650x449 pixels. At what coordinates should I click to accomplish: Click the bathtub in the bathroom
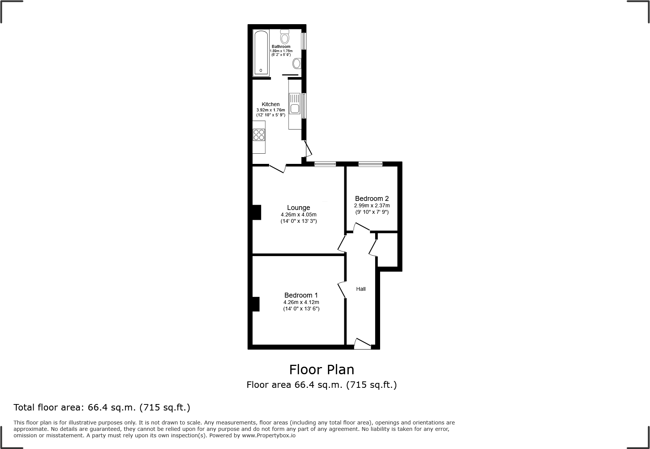click(x=261, y=53)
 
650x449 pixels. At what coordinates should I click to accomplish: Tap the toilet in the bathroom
click(x=285, y=37)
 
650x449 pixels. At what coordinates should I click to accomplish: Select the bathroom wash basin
click(x=297, y=63)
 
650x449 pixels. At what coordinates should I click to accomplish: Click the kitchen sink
click(x=294, y=104)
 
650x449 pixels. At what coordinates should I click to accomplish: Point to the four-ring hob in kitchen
click(x=259, y=135)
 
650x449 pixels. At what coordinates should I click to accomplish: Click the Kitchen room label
click(x=271, y=104)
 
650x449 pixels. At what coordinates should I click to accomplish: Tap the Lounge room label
click(x=299, y=208)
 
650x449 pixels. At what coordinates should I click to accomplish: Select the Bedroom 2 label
click(x=372, y=199)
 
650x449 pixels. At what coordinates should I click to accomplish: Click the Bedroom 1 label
click(x=301, y=295)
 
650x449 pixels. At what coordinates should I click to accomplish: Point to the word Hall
click(x=361, y=289)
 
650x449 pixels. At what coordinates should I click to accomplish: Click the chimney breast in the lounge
click(x=257, y=212)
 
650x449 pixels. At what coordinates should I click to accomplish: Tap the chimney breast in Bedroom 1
click(x=256, y=304)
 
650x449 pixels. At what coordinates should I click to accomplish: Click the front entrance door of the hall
click(x=362, y=344)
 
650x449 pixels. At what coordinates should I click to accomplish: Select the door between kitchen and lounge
click(x=278, y=168)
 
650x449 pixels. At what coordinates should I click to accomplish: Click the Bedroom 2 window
click(x=370, y=164)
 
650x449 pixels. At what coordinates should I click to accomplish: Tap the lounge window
click(x=325, y=164)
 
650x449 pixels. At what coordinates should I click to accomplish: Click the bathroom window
click(x=303, y=41)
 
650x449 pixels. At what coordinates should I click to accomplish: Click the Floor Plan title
click(x=322, y=369)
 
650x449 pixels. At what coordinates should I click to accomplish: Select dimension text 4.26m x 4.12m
click(x=301, y=302)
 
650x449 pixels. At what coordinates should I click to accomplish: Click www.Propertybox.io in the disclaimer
click(x=268, y=435)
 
